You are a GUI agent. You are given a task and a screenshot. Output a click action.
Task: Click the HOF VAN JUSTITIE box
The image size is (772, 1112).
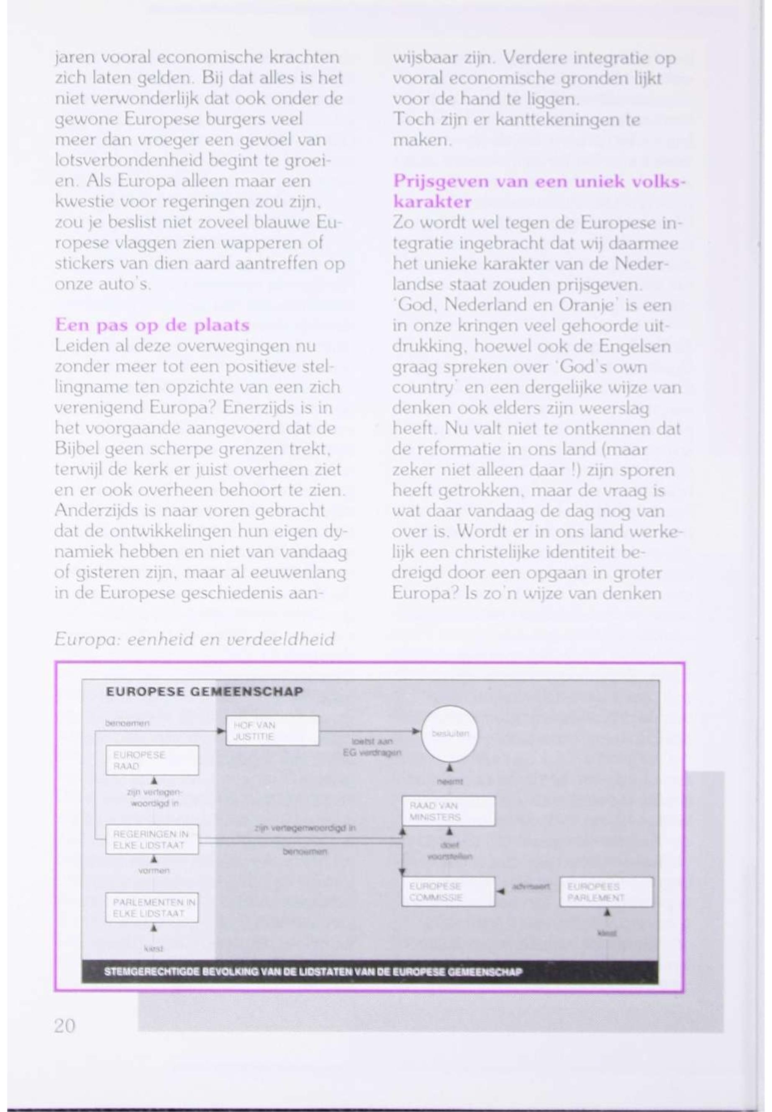(x=272, y=730)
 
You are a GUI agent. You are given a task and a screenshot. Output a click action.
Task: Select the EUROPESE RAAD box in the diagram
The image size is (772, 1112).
(x=152, y=760)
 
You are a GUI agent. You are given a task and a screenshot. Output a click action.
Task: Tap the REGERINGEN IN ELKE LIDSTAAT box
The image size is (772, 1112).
(x=152, y=839)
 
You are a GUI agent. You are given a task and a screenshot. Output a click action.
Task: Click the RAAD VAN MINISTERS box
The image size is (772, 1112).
(x=449, y=811)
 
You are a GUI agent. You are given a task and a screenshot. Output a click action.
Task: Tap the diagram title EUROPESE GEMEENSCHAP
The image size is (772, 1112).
(x=204, y=691)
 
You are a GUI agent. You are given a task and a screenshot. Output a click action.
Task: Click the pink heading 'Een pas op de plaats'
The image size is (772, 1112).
(x=152, y=325)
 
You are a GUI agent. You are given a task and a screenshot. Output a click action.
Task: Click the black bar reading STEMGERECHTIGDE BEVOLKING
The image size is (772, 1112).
(x=370, y=972)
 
